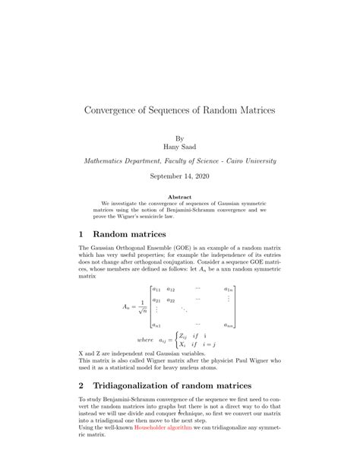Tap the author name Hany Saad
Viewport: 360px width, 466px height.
pyautogui.click(x=179, y=146)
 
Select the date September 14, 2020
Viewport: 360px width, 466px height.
pyautogui.click(x=179, y=176)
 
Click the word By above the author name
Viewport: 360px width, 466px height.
pyautogui.click(x=179, y=138)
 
